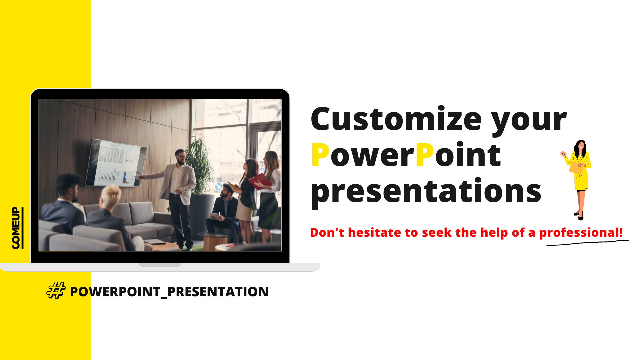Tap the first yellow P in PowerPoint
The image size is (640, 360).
(320, 155)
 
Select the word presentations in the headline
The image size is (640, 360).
(426, 191)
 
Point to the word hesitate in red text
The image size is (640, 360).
(375, 232)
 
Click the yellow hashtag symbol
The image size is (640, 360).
(56, 290)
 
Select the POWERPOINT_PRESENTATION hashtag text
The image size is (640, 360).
(169, 292)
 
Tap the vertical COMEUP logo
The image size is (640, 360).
(17, 228)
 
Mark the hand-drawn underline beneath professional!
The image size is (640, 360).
(588, 243)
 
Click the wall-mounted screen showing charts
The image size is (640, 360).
(116, 163)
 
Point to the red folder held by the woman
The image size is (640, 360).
(260, 181)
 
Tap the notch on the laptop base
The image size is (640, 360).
(160, 265)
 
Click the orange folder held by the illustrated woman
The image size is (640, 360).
(577, 167)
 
